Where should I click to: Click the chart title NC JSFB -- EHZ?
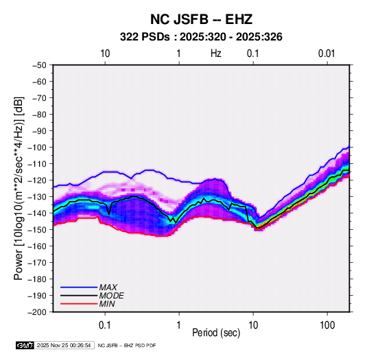pyautogui.click(x=201, y=19)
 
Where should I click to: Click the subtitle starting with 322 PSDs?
pyautogui.click(x=201, y=37)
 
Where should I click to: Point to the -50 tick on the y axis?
pyautogui.click(x=39, y=65)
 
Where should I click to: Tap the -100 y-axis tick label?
pyautogui.click(x=37, y=148)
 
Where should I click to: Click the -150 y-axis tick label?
pyautogui.click(x=37, y=230)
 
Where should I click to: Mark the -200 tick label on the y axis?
pyautogui.click(x=37, y=312)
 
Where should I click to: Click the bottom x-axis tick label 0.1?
pyautogui.click(x=105, y=325)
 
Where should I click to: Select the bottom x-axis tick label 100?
pyautogui.click(x=327, y=325)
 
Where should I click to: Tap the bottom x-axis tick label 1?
pyautogui.click(x=179, y=325)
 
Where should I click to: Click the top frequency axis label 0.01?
pyautogui.click(x=327, y=54)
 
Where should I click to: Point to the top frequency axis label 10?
pyautogui.click(x=105, y=54)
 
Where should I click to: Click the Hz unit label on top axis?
pyautogui.click(x=216, y=54)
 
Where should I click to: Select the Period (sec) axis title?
pyautogui.click(x=216, y=333)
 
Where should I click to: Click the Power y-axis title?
pyautogui.click(x=19, y=188)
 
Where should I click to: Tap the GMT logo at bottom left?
pyautogui.click(x=25, y=345)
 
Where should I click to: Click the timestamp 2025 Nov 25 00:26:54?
pyautogui.click(x=64, y=345)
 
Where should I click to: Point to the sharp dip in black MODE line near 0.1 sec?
pyautogui.click(x=109, y=214)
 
